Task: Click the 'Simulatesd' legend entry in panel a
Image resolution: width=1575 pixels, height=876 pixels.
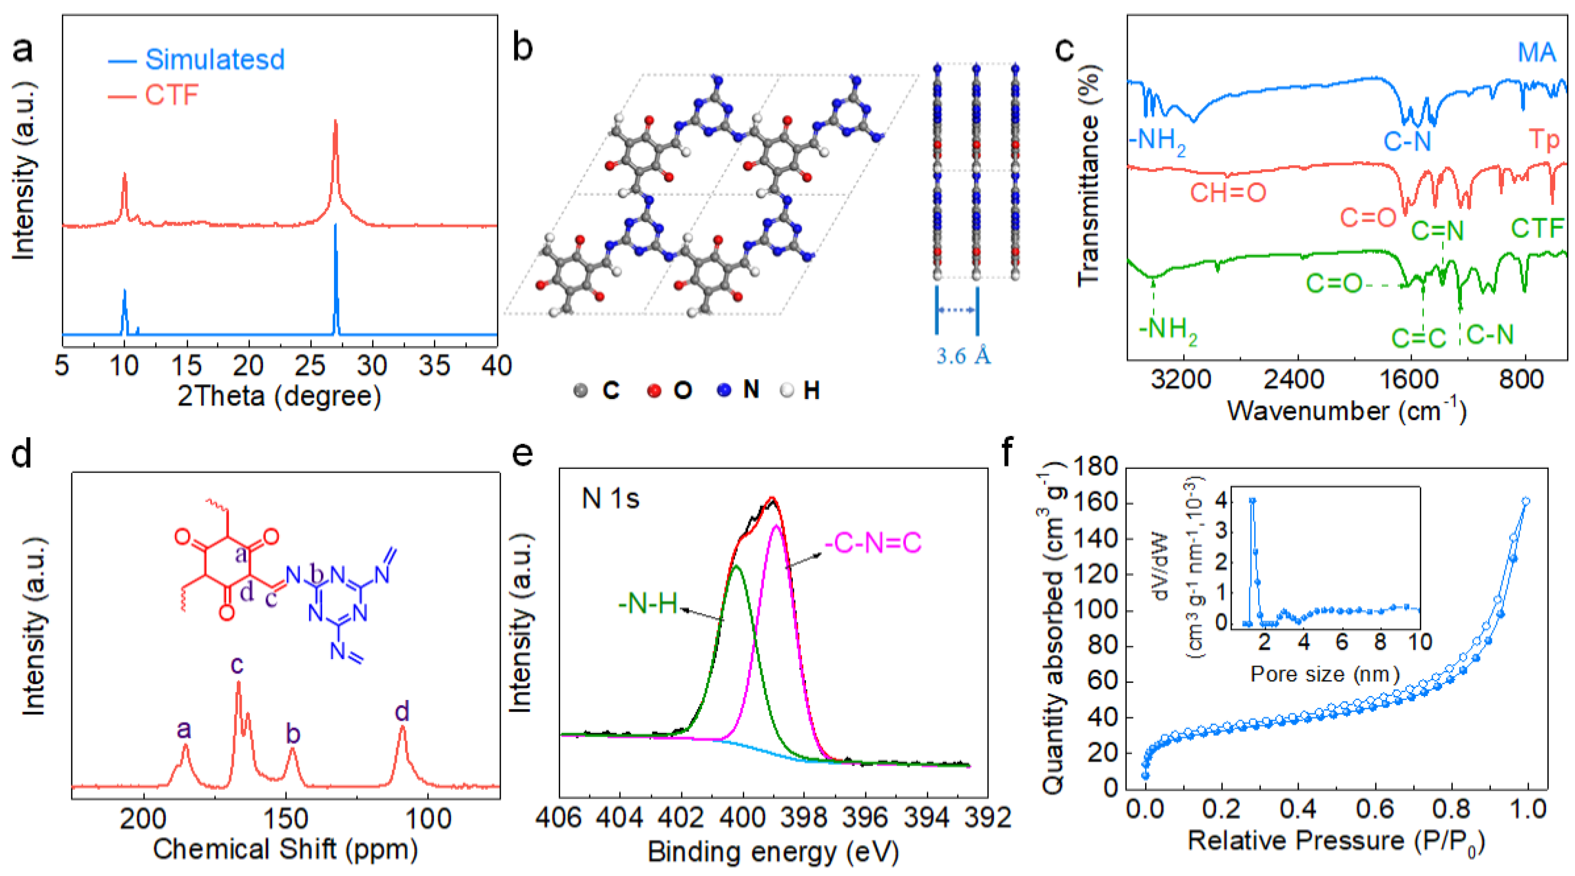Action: [x=214, y=60]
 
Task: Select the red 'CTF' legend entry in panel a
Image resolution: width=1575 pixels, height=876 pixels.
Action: [x=171, y=95]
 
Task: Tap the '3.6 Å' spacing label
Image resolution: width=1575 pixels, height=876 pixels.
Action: [x=963, y=356]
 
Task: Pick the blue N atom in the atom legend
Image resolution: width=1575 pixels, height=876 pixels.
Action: [x=724, y=390]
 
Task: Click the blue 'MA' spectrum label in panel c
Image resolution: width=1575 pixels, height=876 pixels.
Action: [x=1536, y=53]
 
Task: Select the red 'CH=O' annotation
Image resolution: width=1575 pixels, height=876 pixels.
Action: [x=1227, y=193]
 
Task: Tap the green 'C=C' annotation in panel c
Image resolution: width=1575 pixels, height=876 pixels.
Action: [x=1418, y=338]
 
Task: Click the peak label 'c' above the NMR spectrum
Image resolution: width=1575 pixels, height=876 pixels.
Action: [x=237, y=665]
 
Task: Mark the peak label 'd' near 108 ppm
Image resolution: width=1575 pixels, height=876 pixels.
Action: [x=401, y=712]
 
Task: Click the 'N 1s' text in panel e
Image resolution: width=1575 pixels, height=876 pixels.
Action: [x=610, y=499]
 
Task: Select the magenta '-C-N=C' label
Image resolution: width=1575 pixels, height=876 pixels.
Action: [x=872, y=543]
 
